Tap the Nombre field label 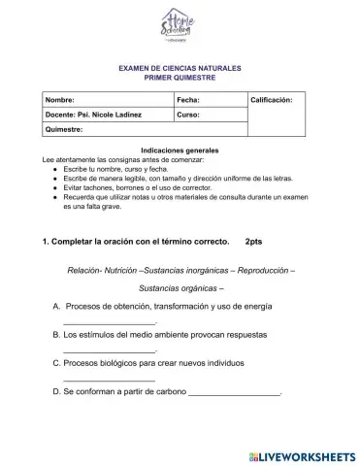coord(60,100)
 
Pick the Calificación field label coord(278,100)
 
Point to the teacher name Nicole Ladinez coord(115,115)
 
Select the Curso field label coord(189,115)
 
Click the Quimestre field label coord(66,129)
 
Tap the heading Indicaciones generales coord(180,150)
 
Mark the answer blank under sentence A coord(109,322)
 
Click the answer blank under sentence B coord(109,350)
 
